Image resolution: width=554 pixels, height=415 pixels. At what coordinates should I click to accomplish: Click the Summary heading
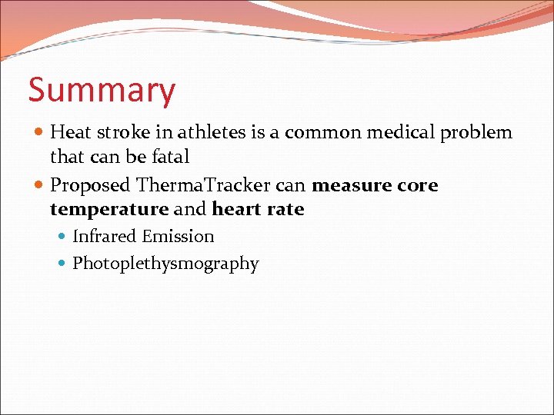click(102, 91)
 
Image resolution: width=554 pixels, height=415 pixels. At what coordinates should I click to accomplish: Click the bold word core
click(418, 185)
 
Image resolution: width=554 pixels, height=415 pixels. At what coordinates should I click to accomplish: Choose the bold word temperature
click(108, 209)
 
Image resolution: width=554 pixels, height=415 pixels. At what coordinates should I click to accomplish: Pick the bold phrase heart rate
click(258, 209)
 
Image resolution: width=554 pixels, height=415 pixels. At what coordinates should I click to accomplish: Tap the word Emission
click(178, 237)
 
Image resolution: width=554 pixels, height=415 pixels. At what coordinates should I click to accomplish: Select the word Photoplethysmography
click(165, 264)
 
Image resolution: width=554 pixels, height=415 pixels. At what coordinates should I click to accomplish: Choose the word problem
click(476, 133)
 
